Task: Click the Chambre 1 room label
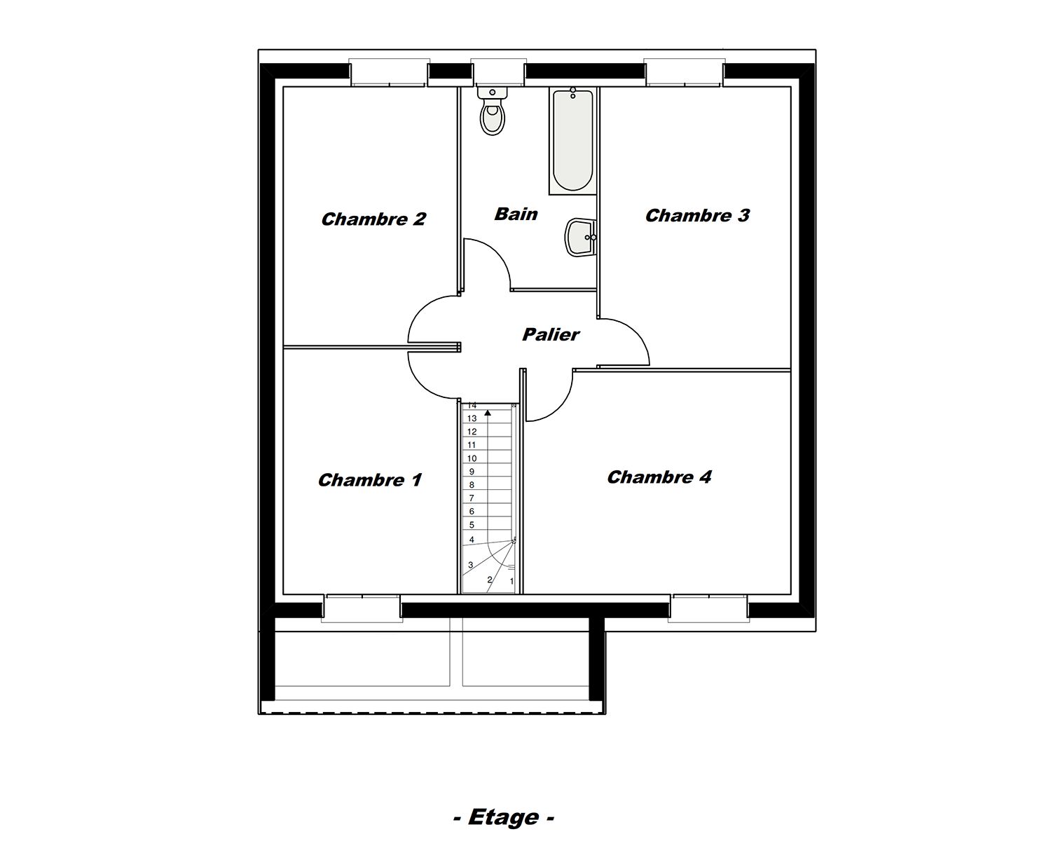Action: (370, 480)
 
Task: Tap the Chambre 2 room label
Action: (373, 219)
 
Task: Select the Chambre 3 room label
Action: (697, 215)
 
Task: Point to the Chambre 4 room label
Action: (659, 477)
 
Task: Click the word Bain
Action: (516, 214)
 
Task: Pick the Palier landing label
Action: (551, 334)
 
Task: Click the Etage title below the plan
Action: (504, 816)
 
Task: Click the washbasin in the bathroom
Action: (582, 237)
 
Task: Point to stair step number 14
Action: (472, 405)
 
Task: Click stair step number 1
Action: (511, 581)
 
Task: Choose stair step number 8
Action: (472, 485)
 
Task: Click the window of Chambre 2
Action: (389, 72)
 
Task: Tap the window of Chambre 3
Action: (684, 72)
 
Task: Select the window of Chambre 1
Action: (362, 608)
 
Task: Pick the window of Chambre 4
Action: (708, 608)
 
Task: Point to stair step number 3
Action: (471, 565)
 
